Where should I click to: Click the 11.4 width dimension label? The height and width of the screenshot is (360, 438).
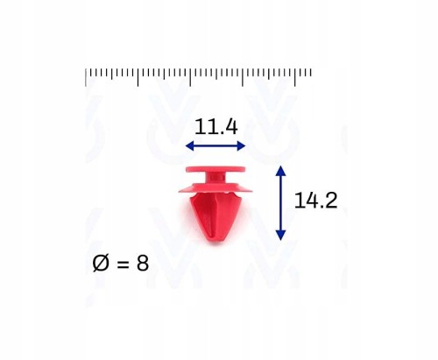(x=216, y=127)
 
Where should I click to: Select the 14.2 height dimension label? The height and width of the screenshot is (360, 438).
(x=316, y=201)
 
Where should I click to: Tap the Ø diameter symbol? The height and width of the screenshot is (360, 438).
(x=101, y=263)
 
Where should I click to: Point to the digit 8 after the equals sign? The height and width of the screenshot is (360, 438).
(x=143, y=263)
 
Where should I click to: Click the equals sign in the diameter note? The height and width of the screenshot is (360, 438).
(x=123, y=265)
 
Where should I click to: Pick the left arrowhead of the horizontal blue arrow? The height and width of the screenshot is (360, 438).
(x=190, y=145)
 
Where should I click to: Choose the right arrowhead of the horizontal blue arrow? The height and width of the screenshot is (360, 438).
(x=241, y=145)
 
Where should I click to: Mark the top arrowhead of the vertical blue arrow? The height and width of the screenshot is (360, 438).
(x=280, y=170)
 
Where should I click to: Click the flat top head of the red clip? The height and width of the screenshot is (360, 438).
(x=215, y=169)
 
